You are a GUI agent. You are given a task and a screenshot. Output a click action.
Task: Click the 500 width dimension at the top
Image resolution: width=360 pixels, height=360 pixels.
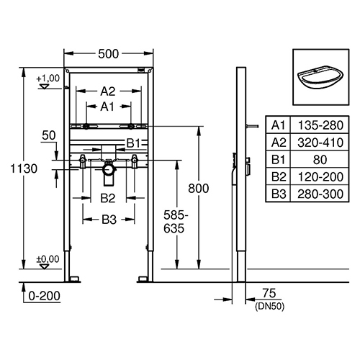pyautogui.click(x=108, y=54)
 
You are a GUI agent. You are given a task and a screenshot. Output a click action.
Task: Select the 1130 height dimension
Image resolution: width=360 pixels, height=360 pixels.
pyautogui.click(x=24, y=168)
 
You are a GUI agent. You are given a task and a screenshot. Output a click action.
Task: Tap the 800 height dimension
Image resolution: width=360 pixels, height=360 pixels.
pyautogui.click(x=199, y=189)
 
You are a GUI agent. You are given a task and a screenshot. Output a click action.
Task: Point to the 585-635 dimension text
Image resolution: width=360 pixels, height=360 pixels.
pyautogui.click(x=176, y=222)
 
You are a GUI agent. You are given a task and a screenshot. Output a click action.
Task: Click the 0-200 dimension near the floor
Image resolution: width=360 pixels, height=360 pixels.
pyautogui.click(x=45, y=296)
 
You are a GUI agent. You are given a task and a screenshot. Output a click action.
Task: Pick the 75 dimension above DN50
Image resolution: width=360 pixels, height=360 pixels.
pyautogui.click(x=269, y=293)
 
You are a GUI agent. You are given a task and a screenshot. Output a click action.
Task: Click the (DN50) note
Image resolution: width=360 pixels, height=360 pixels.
pyautogui.click(x=269, y=307)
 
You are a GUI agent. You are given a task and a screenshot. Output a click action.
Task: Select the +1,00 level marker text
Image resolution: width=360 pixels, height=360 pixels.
pyautogui.click(x=48, y=78)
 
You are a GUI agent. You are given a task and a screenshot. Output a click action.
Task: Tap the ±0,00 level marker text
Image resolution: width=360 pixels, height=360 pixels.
pyautogui.click(x=48, y=259)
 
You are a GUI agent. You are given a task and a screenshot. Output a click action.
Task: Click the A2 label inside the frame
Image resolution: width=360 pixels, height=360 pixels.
pyautogui.click(x=108, y=91)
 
